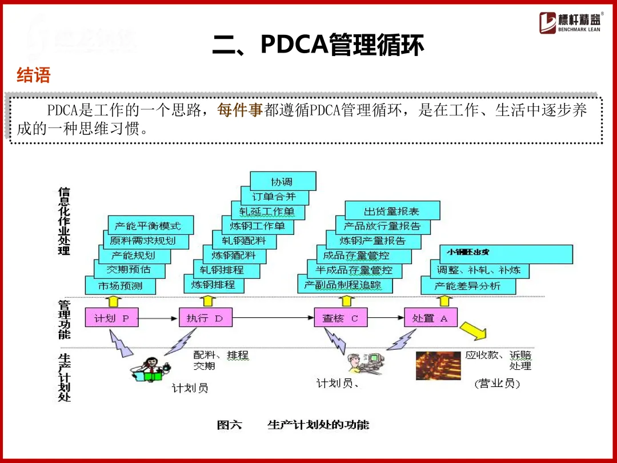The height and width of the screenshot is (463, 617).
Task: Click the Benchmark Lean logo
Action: click(570, 22)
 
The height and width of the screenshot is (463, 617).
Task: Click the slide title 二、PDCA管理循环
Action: click(318, 45)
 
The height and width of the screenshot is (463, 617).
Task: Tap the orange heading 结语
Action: click(34, 75)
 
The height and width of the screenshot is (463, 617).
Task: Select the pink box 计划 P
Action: click(112, 318)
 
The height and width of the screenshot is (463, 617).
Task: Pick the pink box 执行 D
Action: click(205, 318)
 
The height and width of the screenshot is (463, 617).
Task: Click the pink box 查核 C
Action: click(340, 318)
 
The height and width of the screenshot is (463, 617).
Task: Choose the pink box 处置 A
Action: click(430, 318)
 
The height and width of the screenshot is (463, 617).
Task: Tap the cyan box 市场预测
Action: click(121, 285)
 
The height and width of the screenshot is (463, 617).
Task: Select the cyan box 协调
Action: click(283, 181)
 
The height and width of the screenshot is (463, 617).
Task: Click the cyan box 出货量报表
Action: click(392, 211)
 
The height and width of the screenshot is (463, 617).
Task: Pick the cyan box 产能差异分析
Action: click(468, 285)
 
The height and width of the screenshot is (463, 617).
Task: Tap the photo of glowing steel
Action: click(438, 366)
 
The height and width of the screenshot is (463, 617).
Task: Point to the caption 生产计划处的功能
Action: click(318, 425)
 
